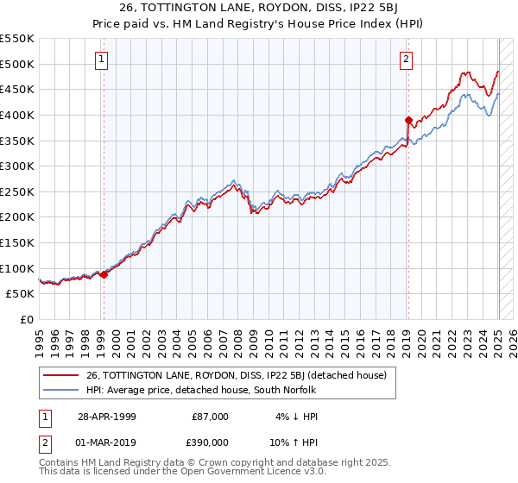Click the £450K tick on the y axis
click(x=17, y=89)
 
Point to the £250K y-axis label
click(x=17, y=191)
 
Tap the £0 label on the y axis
click(x=28, y=319)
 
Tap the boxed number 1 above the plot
click(x=102, y=60)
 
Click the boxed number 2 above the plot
click(x=406, y=60)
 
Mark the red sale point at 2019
click(x=408, y=120)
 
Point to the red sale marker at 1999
click(x=104, y=274)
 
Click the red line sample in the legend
click(x=61, y=375)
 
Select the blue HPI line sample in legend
click(x=61, y=390)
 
